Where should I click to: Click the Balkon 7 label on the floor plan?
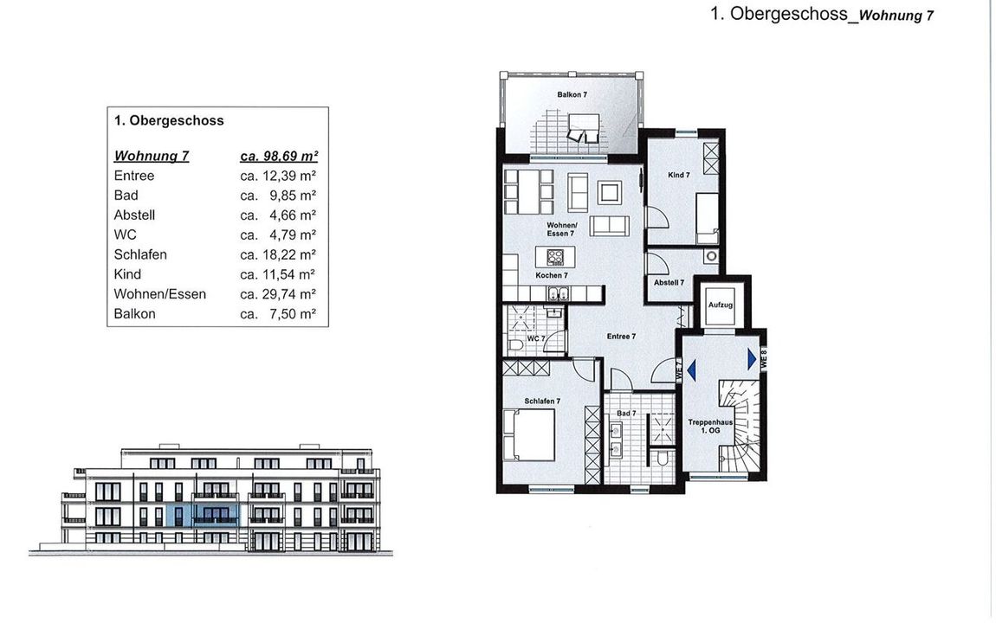(572, 94)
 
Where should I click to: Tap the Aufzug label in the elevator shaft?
(721, 305)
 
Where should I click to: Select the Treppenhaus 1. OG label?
(710, 426)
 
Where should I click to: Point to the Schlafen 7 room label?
(542, 401)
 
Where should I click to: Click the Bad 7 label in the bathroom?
(625, 413)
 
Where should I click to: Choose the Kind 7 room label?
(678, 175)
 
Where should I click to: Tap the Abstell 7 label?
(669, 282)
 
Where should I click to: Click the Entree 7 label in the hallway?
(621, 337)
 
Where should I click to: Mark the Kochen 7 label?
(552, 275)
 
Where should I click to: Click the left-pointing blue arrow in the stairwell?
(691, 369)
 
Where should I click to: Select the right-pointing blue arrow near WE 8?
(752, 360)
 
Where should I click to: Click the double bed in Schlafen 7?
(529, 434)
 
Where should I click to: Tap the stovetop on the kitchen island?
(555, 257)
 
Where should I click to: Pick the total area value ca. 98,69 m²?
(279, 156)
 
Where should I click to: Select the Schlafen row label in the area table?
(140, 254)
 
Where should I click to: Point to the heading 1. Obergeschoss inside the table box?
(169, 120)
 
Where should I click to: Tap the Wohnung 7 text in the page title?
(896, 16)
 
